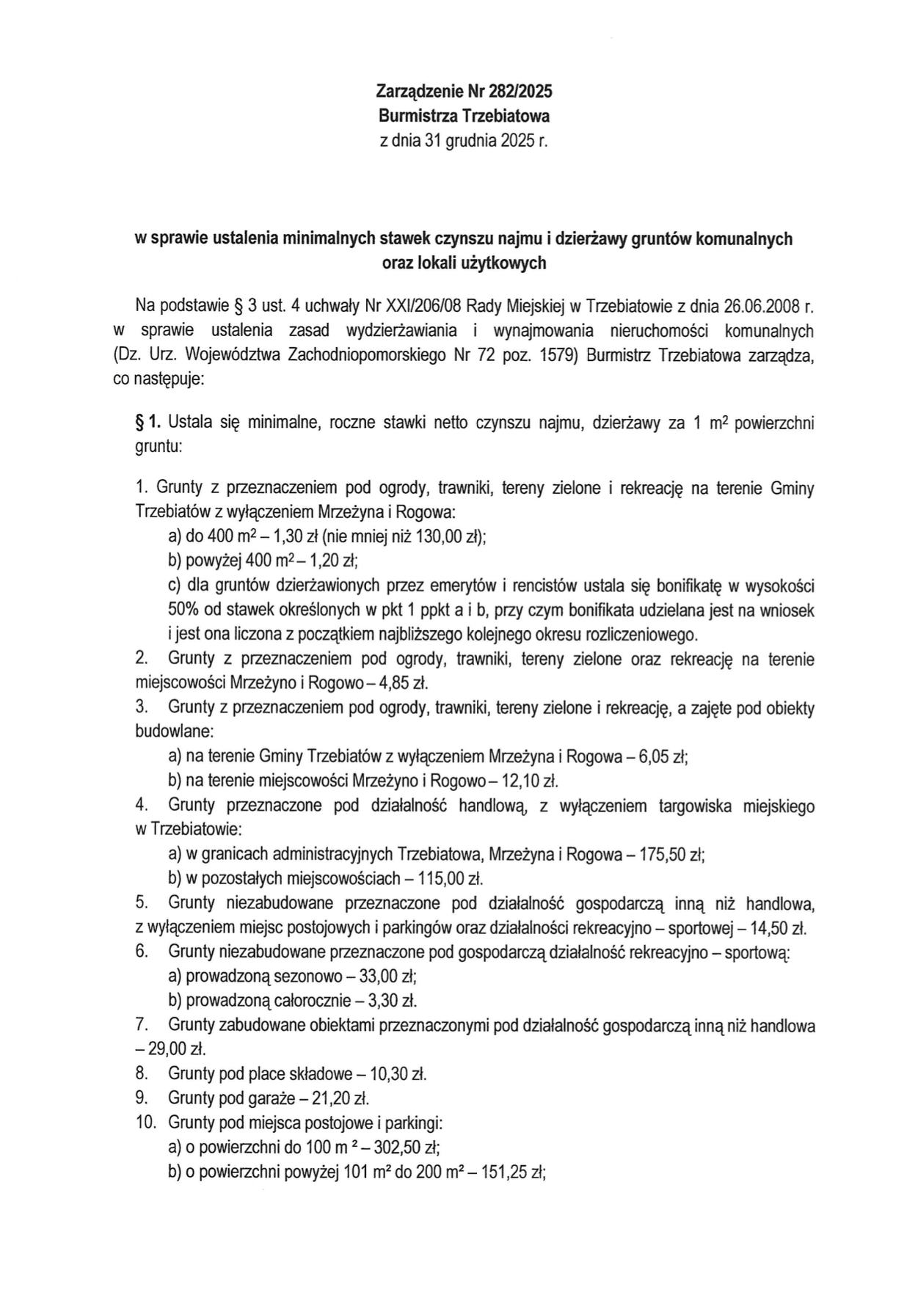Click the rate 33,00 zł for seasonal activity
coord(390,977)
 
